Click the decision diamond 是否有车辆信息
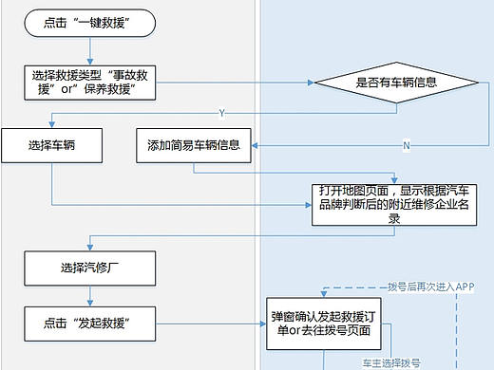tap(396, 83)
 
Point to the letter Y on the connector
tap(221, 112)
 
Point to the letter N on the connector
tap(406, 146)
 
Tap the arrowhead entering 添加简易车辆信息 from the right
tap(255, 146)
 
